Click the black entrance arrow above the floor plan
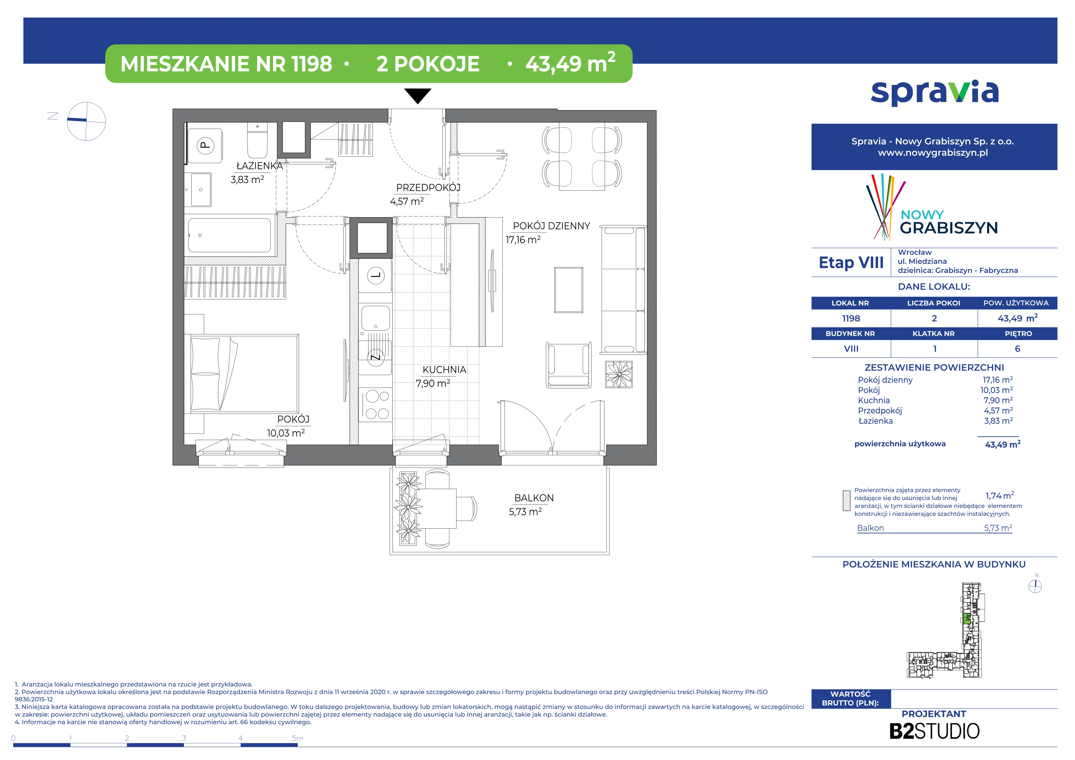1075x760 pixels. pos(418,95)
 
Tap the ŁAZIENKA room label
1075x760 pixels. pos(260,166)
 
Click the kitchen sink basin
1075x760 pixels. pos(375,318)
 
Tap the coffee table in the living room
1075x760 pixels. pos(568,290)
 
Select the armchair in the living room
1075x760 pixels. pos(568,365)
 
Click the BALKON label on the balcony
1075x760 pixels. pos(534,498)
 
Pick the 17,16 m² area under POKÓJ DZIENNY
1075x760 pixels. pos(523,240)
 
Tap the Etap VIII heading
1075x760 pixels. pos(851,263)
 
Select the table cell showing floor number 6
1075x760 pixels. pos(1017,349)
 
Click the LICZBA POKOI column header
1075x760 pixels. pos(934,303)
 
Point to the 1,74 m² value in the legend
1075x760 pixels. pos(1000,495)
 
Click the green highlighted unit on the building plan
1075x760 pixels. pos(966,618)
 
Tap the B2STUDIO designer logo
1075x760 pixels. pos(934,731)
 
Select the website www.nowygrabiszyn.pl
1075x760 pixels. pos(933,153)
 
